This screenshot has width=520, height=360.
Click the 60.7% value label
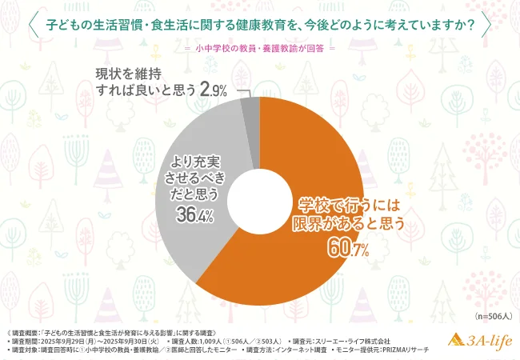pyautogui.click(x=347, y=249)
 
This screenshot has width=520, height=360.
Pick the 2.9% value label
pyautogui.click(x=214, y=91)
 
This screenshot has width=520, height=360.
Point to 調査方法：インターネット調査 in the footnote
pyautogui.click(x=291, y=351)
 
